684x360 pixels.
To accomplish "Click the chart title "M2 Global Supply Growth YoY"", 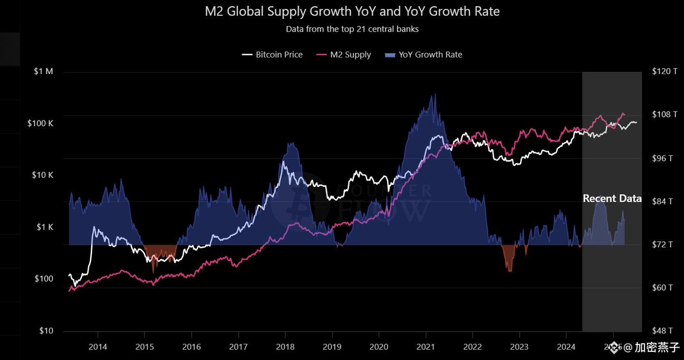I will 352,11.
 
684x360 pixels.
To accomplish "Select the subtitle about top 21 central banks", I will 352,29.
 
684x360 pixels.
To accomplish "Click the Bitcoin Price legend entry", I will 272,55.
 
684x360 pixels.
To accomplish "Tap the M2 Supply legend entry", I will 344,55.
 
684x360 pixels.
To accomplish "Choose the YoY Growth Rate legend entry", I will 424,55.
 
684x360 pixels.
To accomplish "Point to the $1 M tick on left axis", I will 44,72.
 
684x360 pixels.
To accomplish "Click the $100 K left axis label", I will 40,123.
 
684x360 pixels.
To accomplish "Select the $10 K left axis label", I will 42,175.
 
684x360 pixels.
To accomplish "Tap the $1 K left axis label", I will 45,227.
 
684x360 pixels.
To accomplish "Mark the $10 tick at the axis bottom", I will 46,331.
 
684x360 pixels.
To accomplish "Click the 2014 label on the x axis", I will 98,347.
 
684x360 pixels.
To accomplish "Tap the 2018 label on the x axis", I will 285,347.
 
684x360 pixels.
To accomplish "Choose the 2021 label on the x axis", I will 426,347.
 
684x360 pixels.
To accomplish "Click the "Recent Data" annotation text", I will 612,199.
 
